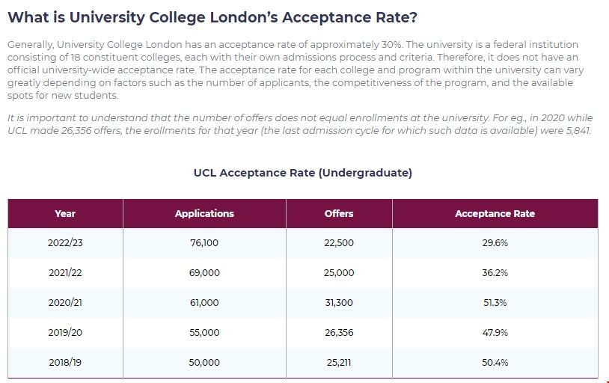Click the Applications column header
[204, 214]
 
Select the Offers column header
[339, 214]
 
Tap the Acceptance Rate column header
[495, 214]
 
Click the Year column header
[65, 214]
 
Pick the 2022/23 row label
[65, 243]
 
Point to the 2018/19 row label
[65, 362]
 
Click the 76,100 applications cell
[204, 243]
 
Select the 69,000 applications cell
[204, 273]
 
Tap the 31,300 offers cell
[339, 303]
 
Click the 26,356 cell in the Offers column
[339, 333]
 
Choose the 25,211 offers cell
[339, 362]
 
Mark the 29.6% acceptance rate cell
[495, 243]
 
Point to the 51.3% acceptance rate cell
[495, 303]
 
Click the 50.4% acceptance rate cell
[495, 362]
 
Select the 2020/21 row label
[65, 303]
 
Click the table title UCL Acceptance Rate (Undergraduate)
[302, 173]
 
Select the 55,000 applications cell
[204, 333]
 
